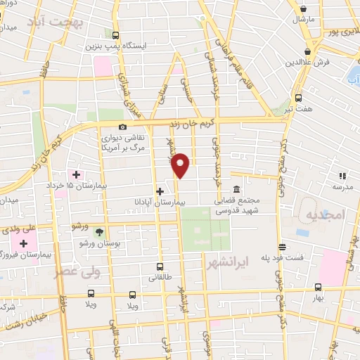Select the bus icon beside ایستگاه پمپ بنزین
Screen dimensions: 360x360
[116, 35]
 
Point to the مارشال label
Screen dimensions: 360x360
[304, 20]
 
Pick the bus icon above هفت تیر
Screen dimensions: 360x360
[298, 98]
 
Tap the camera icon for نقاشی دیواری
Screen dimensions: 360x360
[123, 127]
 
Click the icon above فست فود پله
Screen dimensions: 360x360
[282, 247]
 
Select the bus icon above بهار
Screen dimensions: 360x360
[318, 287]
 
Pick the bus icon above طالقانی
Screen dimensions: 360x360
[160, 266]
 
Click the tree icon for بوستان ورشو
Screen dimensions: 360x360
[98, 232]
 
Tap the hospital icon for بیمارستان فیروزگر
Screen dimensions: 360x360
[24, 243]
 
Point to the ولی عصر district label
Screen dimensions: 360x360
[77, 269]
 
